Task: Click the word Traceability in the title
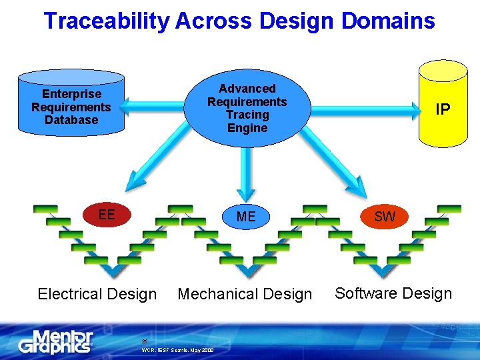(107, 21)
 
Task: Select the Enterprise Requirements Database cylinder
(71, 103)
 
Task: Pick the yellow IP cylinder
(443, 107)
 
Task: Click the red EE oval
(107, 215)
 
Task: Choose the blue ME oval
(246, 217)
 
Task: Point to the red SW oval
(385, 216)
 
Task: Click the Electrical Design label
(97, 294)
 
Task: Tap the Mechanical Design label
(245, 294)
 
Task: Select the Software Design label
(393, 293)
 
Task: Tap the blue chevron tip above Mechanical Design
(247, 271)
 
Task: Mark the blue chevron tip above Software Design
(381, 271)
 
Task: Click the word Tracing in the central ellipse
(247, 115)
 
